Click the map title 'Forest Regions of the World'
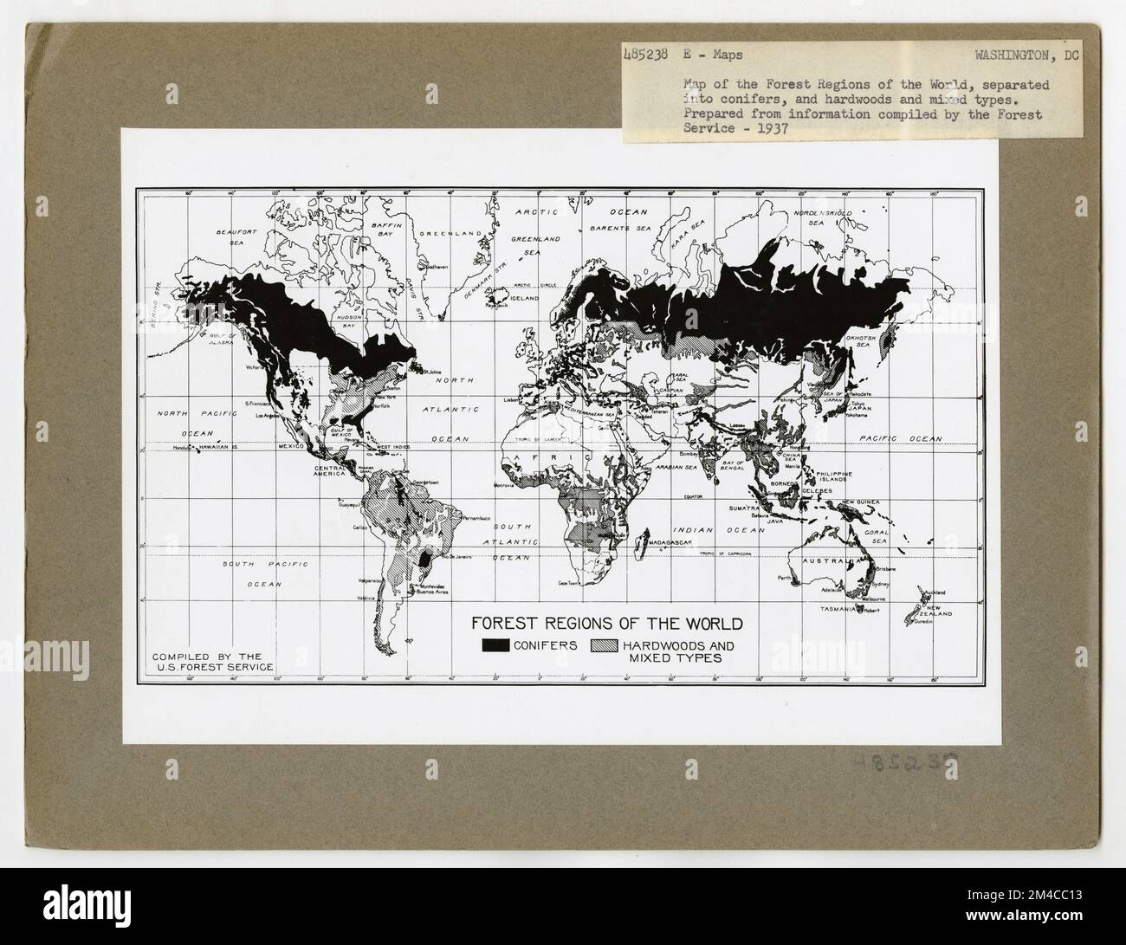click(605, 623)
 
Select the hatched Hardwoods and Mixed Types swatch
click(606, 645)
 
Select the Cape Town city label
click(567, 585)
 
